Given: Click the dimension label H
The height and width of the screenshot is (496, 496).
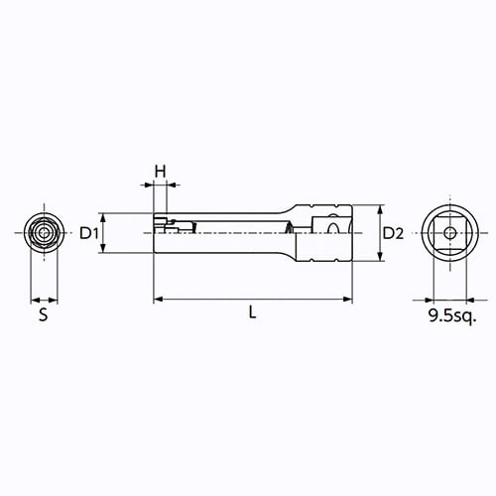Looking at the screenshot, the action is pos(161,172).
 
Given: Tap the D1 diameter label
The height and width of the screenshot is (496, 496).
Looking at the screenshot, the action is pos(89,233).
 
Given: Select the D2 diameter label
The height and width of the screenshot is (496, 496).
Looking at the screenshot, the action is pos(393,233).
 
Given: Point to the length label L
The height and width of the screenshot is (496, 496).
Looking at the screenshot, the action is pos(253,312).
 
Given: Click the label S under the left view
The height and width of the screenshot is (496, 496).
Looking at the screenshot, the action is pos(44,314).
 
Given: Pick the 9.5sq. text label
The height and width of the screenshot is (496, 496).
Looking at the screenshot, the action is pos(452,315).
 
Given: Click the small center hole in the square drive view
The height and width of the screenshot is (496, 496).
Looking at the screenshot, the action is pos(449,233).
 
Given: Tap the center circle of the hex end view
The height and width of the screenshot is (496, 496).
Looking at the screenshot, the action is pos(44,233).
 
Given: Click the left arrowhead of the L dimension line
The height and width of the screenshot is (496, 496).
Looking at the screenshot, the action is pos(159,300).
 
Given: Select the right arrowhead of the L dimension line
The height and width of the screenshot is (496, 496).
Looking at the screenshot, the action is pos(348,300).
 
